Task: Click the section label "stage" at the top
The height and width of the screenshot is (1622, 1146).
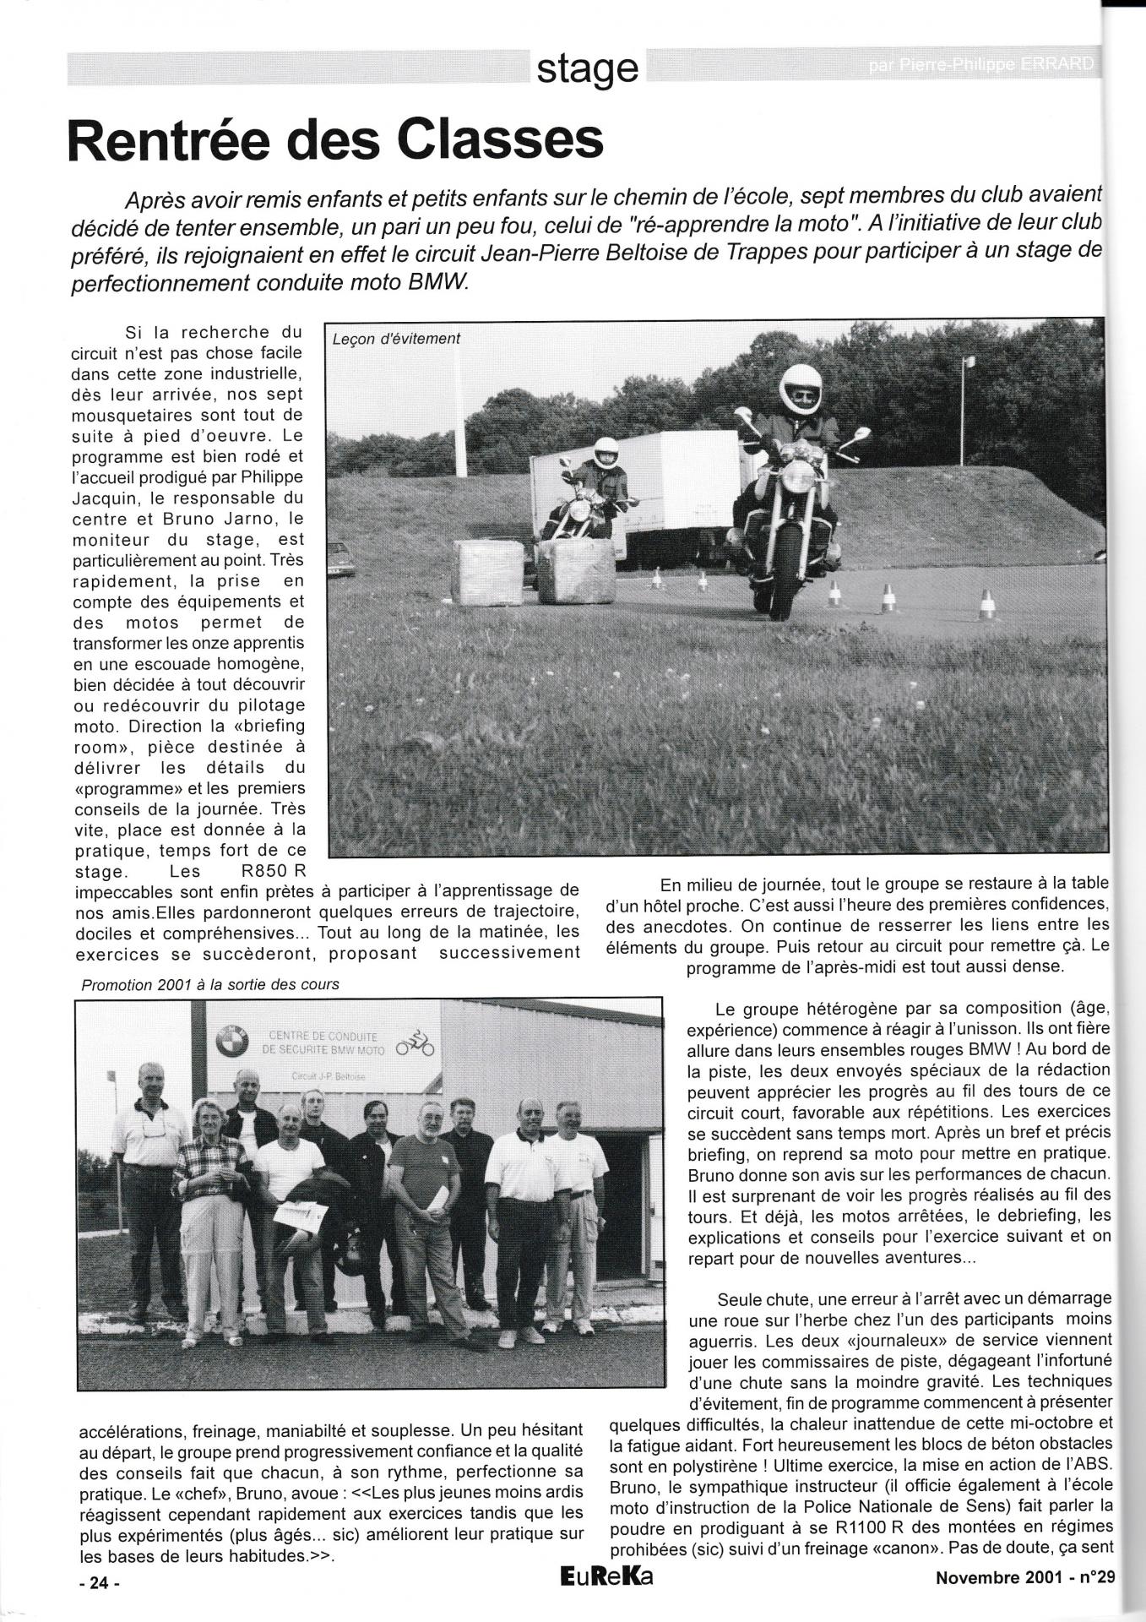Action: pyautogui.click(x=587, y=68)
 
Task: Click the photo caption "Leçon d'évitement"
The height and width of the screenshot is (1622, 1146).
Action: pyautogui.click(x=396, y=339)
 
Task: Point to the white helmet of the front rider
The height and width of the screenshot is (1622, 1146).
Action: pyautogui.click(x=800, y=388)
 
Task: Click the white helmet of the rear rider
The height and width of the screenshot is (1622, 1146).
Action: pyautogui.click(x=605, y=452)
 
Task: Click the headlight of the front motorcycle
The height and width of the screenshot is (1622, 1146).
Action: pyautogui.click(x=796, y=477)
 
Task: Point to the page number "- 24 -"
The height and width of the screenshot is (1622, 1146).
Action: pyautogui.click(x=100, y=1584)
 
